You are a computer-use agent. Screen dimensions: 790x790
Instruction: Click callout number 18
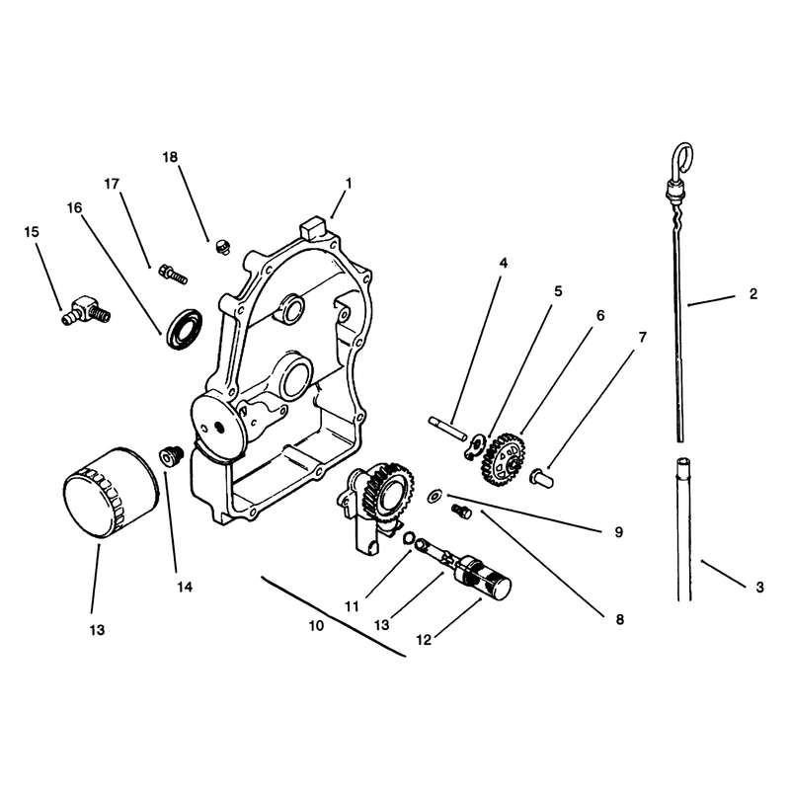tap(170, 157)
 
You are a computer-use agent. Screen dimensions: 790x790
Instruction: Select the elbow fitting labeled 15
tap(86, 310)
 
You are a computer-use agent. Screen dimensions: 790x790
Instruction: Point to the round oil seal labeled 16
tap(185, 328)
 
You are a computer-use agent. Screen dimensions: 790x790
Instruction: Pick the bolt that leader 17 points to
tap(173, 275)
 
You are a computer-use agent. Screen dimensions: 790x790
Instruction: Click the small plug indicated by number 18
tap(222, 247)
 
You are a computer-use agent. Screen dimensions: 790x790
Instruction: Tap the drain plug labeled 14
tap(171, 456)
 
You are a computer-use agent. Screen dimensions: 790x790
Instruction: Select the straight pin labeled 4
tap(448, 428)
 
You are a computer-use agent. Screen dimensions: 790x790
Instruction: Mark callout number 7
tap(643, 337)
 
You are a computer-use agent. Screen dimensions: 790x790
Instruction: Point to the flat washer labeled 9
tap(434, 495)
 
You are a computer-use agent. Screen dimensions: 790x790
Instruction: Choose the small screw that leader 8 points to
tap(461, 512)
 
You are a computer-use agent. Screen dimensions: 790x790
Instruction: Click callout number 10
tap(316, 626)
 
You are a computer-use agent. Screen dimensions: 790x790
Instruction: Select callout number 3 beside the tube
tap(759, 587)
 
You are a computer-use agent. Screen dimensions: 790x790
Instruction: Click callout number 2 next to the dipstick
tap(753, 293)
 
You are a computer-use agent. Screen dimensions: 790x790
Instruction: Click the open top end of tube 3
tap(683, 461)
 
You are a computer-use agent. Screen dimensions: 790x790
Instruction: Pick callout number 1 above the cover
tap(349, 184)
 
